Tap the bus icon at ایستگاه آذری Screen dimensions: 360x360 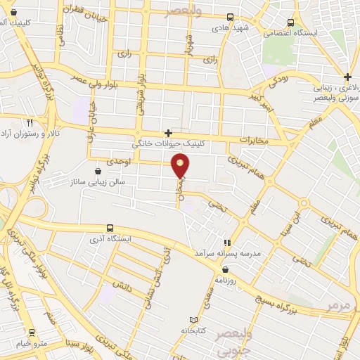tap(109, 228)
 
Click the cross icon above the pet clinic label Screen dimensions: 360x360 tap(169, 132)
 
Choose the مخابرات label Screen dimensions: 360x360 tap(254, 140)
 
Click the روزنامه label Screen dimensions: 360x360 tap(221, 279)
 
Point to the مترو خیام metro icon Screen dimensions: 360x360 tap(32, 332)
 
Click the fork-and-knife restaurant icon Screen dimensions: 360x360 tap(30, 122)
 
